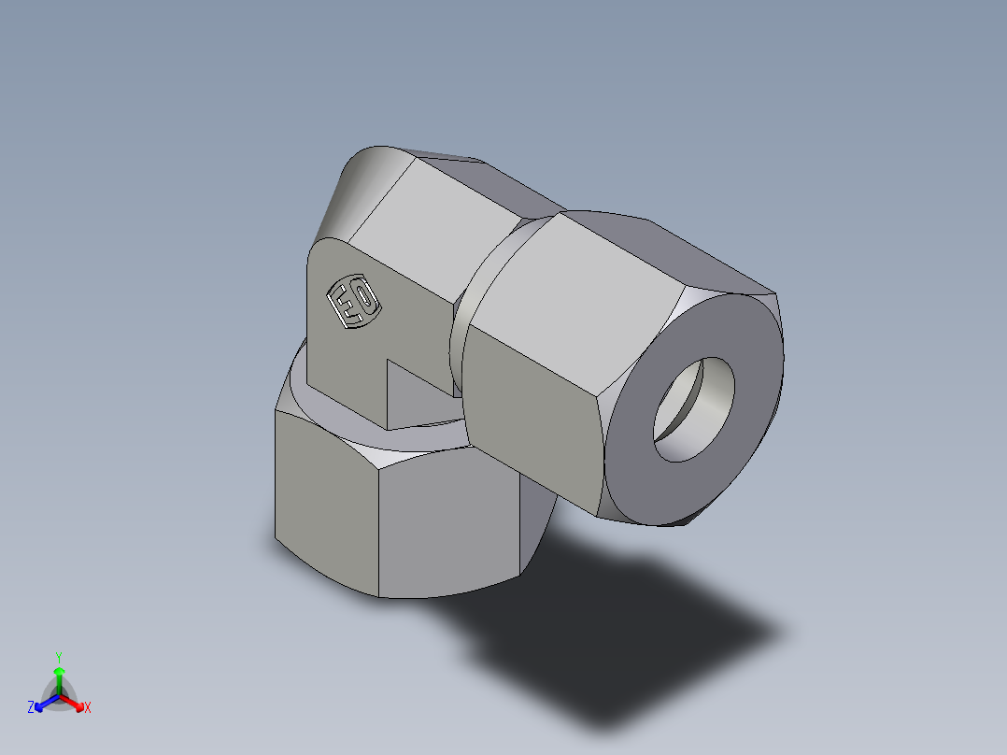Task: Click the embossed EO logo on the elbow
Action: point(351,301)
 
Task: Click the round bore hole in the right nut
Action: point(693,409)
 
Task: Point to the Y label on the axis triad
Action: point(58,656)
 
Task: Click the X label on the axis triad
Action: point(88,708)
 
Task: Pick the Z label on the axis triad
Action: point(31,708)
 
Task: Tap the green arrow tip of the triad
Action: point(59,671)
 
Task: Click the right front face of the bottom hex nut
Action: point(448,523)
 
